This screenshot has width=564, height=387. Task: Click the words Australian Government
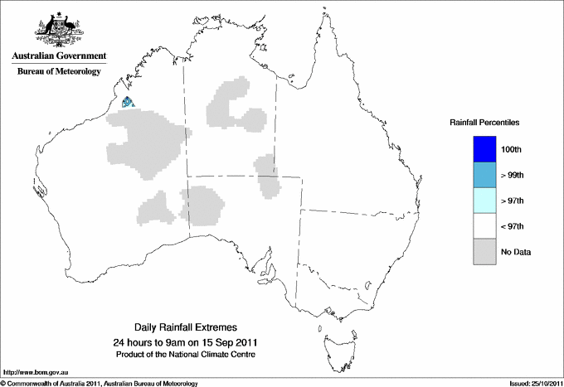click(56, 56)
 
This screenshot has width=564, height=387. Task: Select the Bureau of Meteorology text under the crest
click(57, 71)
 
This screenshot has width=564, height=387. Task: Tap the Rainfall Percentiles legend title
click(484, 122)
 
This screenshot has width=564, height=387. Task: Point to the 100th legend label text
click(513, 149)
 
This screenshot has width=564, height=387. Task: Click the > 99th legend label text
click(513, 175)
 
